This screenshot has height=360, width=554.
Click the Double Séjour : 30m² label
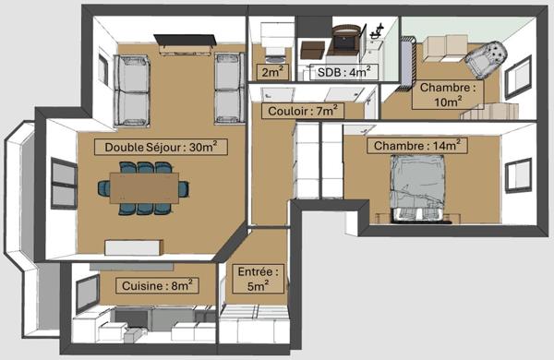[153, 146]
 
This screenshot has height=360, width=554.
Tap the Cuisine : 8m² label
[156, 286]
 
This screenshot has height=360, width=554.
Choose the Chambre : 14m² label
[416, 146]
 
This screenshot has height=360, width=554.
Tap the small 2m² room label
[271, 71]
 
